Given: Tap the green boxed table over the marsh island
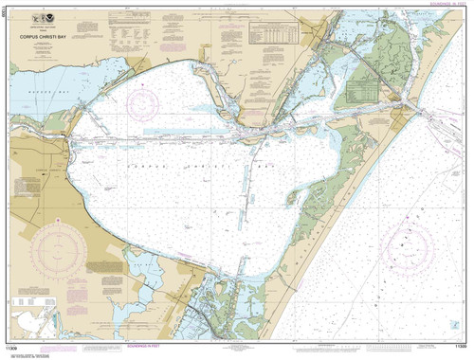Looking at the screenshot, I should [x=365, y=92].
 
